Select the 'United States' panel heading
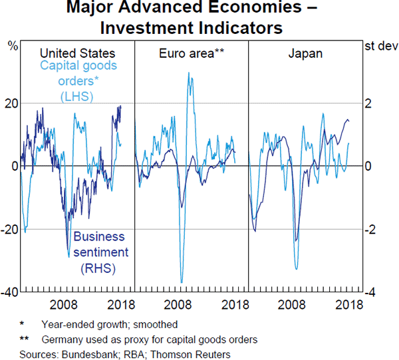click(78, 53)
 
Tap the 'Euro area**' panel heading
click(191, 53)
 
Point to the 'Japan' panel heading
click(306, 53)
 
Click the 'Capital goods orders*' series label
click(78, 73)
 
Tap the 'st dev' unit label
click(380, 46)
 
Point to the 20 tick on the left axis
click(11, 103)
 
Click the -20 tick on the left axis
click(9, 230)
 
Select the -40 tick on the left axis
click(9, 293)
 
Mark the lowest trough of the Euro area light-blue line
click(182, 282)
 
